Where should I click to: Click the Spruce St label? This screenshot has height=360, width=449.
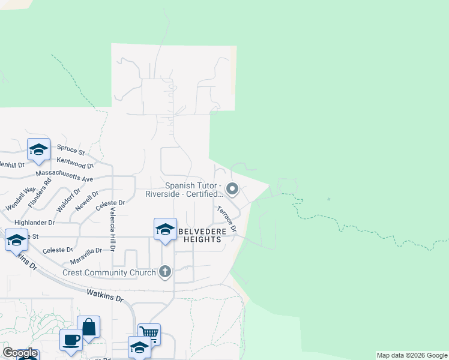pos(71,147)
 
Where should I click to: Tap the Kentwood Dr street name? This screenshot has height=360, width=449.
pos(76,163)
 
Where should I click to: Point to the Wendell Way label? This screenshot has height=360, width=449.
pos(17,199)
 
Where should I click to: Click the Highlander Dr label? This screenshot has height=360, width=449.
pos(34,222)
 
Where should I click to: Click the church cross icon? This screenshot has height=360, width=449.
pos(164,272)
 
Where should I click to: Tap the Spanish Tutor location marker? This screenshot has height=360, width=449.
pos(233,190)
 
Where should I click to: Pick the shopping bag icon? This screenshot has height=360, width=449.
pos(89,328)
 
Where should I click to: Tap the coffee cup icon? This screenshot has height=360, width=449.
pos(71,340)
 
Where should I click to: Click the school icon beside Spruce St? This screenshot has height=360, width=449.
pos(38,149)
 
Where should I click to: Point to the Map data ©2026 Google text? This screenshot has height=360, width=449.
pos(412,355)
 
